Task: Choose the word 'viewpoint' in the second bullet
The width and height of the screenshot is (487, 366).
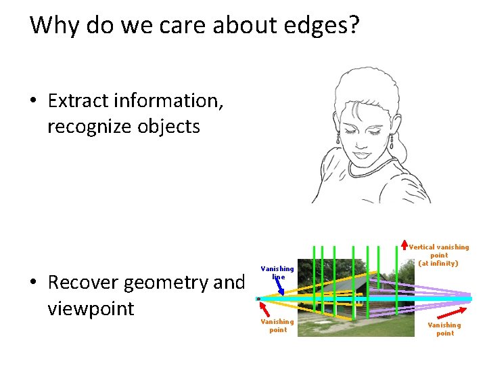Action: coord(91,308)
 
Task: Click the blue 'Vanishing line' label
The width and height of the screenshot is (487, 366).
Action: coord(277,272)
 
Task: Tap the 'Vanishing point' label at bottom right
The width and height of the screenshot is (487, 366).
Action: coord(445,329)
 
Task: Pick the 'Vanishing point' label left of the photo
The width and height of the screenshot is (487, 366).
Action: coord(277,325)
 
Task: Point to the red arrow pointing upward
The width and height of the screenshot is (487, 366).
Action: coord(404,242)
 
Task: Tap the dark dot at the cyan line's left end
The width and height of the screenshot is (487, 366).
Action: coord(258,298)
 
